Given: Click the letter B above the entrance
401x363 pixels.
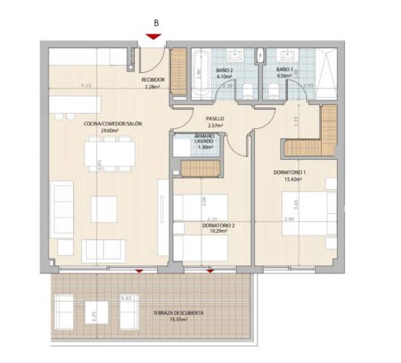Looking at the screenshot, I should coord(156,22).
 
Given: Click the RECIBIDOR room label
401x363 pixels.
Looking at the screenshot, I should coord(153,80).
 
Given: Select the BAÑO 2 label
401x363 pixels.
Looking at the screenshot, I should coord(224,70).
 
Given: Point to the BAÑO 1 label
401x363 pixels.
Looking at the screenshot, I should coord(284,69).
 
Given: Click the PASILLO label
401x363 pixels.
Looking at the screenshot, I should coord(215,118).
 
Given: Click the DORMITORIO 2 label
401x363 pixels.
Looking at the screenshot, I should coord(218,225).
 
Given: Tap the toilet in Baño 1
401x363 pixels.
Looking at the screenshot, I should coord(273,90).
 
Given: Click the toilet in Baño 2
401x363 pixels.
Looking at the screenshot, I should coord(248,90).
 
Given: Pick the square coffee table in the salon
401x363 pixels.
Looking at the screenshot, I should coord(104,209).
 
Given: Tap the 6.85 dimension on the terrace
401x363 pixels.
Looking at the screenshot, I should coord(127,298).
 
